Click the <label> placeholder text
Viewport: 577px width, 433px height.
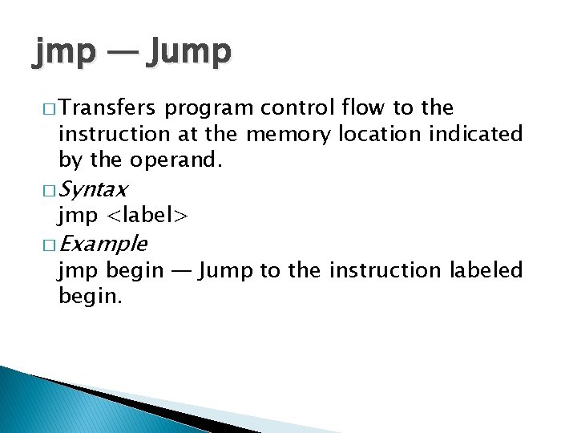147,216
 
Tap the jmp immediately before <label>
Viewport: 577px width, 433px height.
79,216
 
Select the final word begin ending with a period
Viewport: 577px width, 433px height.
91,297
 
